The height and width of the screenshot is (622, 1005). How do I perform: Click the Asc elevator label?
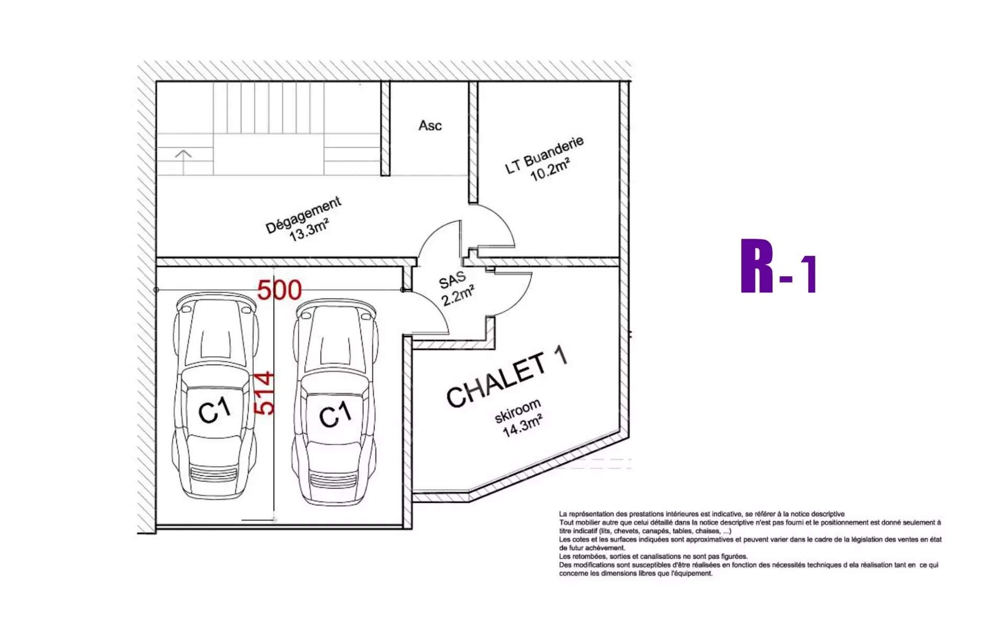click(430, 126)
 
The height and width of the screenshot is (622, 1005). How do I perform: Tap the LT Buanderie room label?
click(544, 155)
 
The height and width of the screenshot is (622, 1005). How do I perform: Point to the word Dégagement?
click(304, 215)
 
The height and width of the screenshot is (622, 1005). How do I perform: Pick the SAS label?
click(452, 280)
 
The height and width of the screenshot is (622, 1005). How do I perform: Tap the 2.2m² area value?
click(458, 296)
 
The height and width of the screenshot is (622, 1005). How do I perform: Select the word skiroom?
click(518, 411)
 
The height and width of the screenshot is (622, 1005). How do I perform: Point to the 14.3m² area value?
click(522, 425)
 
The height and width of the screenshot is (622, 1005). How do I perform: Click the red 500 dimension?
click(280, 290)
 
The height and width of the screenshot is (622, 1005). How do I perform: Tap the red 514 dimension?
click(264, 393)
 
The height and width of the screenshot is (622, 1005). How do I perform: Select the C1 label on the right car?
click(336, 415)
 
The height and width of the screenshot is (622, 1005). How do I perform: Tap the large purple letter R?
click(757, 266)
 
